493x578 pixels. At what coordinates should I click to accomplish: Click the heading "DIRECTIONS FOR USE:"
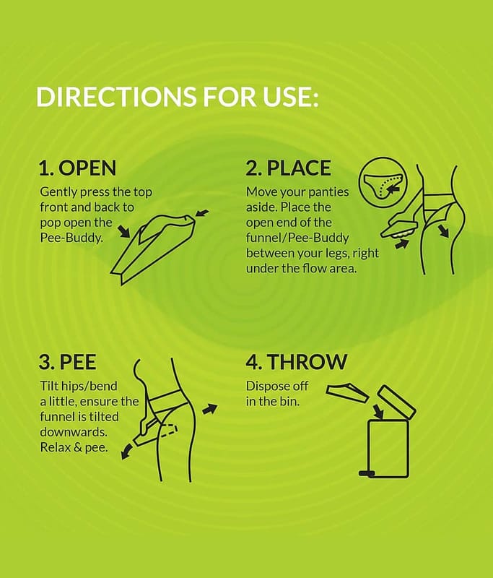tap(177, 97)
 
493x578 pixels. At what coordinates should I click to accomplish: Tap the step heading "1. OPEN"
tap(77, 168)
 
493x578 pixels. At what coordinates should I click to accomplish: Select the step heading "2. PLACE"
tap(288, 168)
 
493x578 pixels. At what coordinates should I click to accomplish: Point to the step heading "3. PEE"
tap(67, 362)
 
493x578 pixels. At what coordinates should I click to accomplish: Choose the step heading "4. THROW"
tap(297, 362)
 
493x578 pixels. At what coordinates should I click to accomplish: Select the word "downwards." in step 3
tap(73, 431)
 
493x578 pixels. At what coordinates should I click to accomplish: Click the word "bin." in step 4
tap(289, 401)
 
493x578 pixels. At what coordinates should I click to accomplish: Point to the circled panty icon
tap(383, 181)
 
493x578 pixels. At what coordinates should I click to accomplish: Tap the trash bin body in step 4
tap(388, 449)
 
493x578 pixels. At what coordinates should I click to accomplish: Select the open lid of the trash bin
tap(397, 403)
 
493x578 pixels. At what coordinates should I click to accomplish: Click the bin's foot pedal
tap(367, 473)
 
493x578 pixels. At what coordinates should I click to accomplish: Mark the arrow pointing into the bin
tap(378, 411)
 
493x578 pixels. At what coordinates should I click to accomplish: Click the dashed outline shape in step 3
tap(169, 431)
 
